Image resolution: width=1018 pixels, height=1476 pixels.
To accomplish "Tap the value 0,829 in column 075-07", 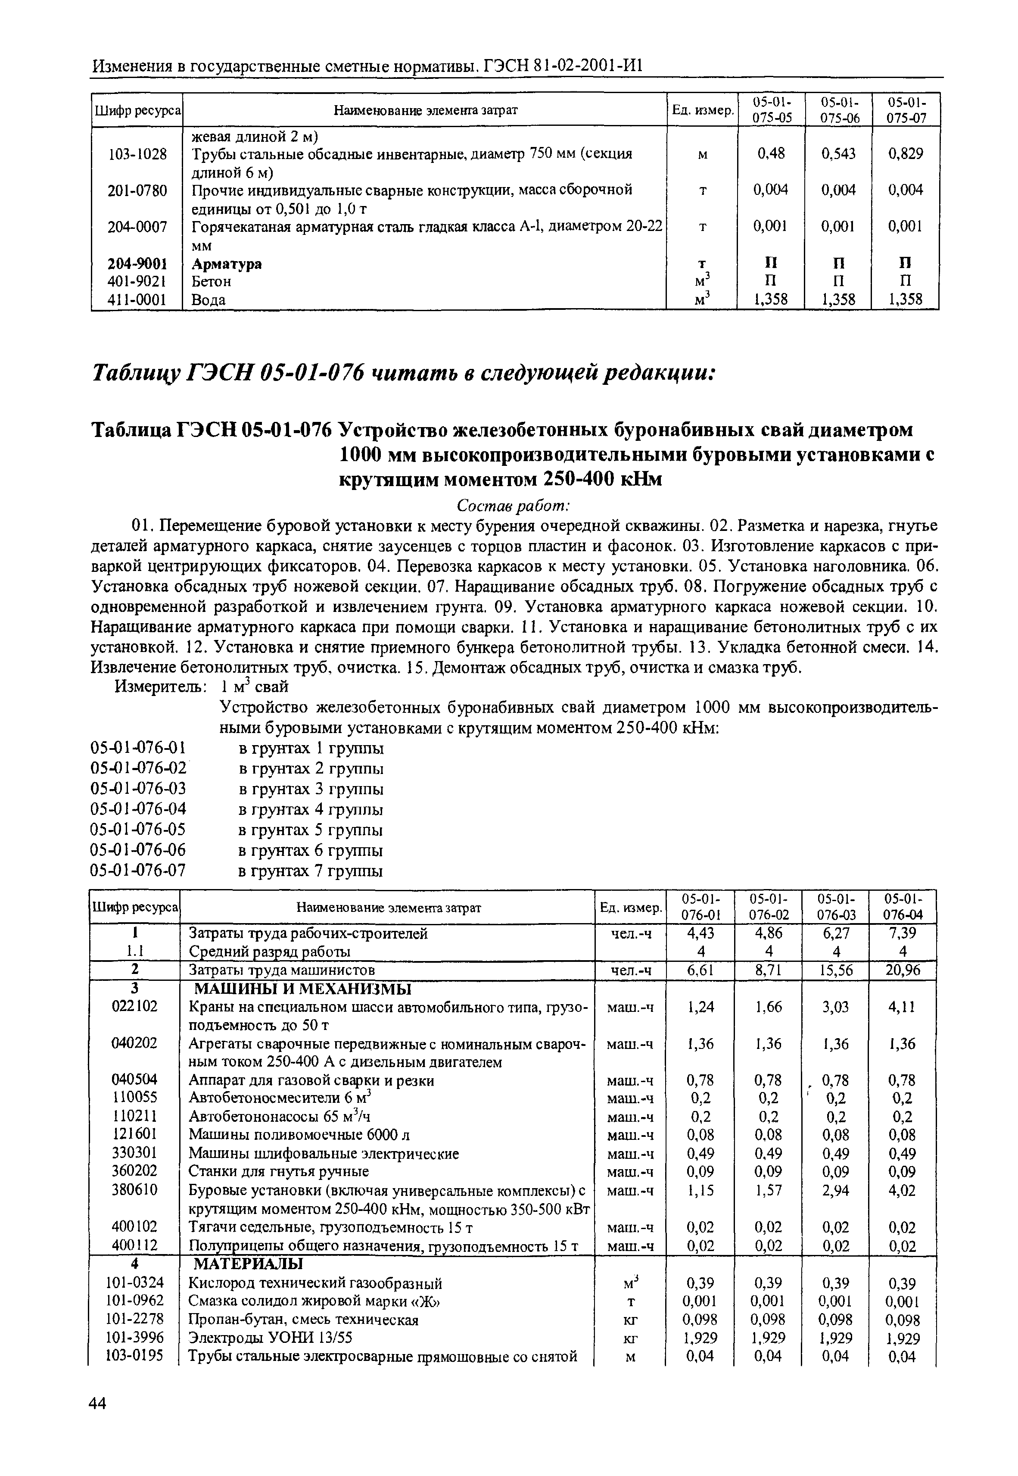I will click(x=905, y=154).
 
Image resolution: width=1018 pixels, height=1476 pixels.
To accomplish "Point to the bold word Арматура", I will click(x=227, y=263).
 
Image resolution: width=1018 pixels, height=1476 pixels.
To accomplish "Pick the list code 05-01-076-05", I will click(x=139, y=830).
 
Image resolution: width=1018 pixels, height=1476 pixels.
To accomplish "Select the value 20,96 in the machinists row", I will click(x=902, y=970).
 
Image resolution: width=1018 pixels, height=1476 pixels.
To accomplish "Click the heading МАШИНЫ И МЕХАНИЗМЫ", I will click(x=303, y=989).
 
